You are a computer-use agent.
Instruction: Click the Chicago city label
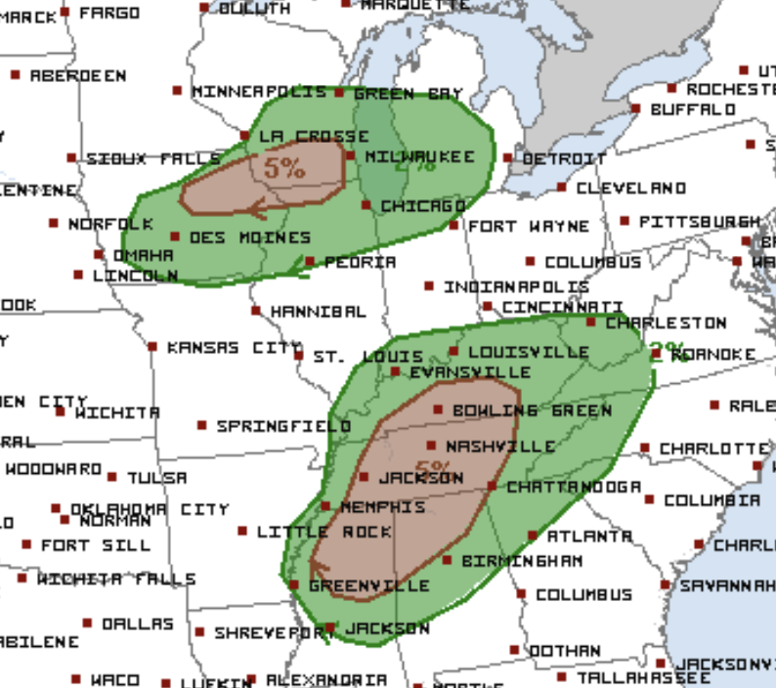[x=422, y=206]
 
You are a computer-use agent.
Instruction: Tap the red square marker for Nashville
[x=431, y=446]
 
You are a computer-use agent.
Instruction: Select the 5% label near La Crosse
[x=284, y=167]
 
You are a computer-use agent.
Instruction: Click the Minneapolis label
[x=259, y=91]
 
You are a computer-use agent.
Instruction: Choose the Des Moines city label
[x=249, y=237]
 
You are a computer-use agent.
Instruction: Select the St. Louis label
[x=367, y=357]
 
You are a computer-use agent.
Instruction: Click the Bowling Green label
[x=532, y=410]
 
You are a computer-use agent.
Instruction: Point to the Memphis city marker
[x=325, y=506]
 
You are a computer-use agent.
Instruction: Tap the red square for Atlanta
[x=533, y=536]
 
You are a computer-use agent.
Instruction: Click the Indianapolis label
[x=516, y=287]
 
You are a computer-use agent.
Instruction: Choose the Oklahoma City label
[x=150, y=509]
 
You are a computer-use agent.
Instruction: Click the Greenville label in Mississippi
[x=368, y=585]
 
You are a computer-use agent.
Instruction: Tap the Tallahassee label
[x=643, y=677]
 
